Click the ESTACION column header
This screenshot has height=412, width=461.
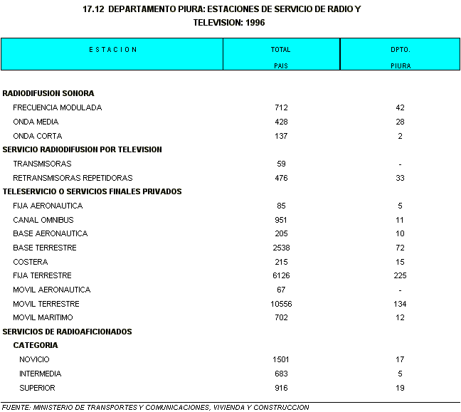(x=113, y=50)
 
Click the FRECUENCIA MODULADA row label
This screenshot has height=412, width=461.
(x=57, y=107)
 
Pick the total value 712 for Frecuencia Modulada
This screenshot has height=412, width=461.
(x=281, y=107)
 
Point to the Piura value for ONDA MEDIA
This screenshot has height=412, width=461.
(x=401, y=122)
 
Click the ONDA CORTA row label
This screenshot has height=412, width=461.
(x=37, y=136)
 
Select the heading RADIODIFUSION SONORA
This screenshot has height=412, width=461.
(x=48, y=93)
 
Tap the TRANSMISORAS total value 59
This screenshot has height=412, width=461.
(x=281, y=164)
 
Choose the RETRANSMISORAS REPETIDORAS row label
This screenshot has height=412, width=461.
(x=73, y=178)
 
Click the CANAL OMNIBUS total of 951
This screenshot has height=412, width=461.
(x=281, y=220)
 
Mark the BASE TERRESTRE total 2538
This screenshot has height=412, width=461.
(x=281, y=248)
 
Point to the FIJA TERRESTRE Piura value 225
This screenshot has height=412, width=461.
(x=401, y=275)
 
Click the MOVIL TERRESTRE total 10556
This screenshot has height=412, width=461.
(x=281, y=304)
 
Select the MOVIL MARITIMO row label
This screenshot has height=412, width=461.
(x=43, y=317)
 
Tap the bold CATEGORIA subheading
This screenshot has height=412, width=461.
(x=36, y=345)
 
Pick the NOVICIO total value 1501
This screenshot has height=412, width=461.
(x=281, y=359)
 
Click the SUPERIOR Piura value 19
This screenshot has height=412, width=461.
(x=401, y=388)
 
